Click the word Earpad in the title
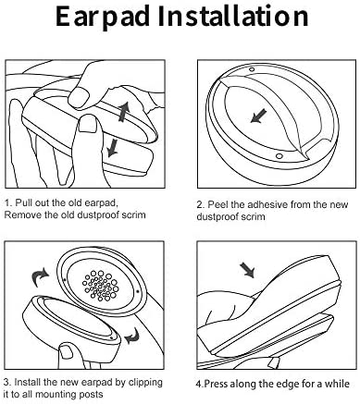point(103,17)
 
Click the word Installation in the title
point(233,16)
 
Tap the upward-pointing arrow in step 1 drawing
point(124,113)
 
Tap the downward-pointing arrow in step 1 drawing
point(112,148)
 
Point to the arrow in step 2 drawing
point(259,116)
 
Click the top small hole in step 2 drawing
point(252,69)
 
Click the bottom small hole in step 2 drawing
point(279,156)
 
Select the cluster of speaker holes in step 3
point(100,286)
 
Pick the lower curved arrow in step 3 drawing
point(132,336)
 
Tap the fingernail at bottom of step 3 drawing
point(65,351)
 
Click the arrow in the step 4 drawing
point(248,270)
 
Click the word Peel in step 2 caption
point(215,204)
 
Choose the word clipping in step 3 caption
point(145,383)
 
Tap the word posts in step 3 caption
point(92,395)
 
